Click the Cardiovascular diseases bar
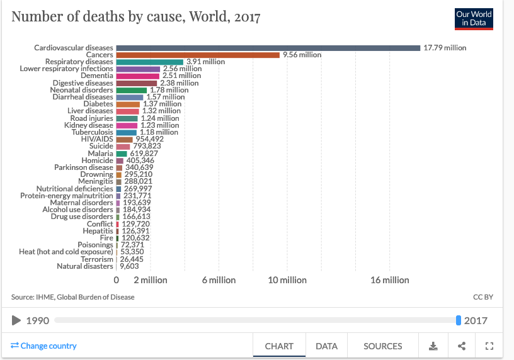click(268, 48)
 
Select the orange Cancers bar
click(198, 55)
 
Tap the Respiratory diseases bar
click(150, 62)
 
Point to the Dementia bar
click(138, 76)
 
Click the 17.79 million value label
click(445, 48)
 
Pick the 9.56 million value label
click(302, 55)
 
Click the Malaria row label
click(101, 154)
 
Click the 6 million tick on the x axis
click(219, 280)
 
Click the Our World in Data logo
click(474, 19)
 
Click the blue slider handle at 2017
click(459, 320)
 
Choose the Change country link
click(44, 346)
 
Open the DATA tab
click(326, 346)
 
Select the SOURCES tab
click(382, 346)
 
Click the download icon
click(433, 346)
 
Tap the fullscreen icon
click(489, 346)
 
